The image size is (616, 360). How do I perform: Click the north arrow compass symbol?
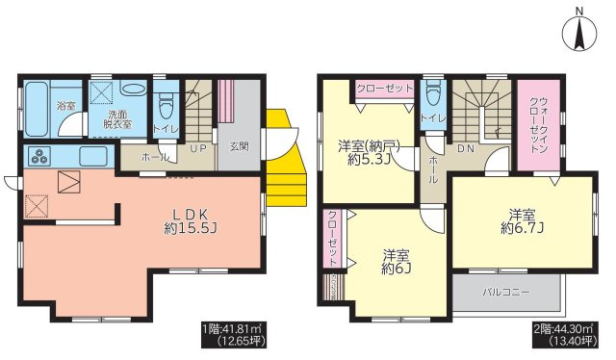click(x=579, y=34)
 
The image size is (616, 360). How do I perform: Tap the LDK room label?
click(x=191, y=215)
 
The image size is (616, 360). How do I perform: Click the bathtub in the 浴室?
click(x=37, y=109)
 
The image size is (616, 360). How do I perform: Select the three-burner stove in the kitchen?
click(x=40, y=157)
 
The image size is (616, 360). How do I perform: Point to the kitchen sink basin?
click(x=93, y=157)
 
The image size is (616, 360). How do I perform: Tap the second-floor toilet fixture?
click(x=433, y=92)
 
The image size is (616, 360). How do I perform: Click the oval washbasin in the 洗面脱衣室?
click(x=133, y=89)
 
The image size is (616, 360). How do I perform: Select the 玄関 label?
click(x=239, y=146)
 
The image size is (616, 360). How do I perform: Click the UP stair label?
click(x=199, y=148)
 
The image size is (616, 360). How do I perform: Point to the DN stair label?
click(x=466, y=148)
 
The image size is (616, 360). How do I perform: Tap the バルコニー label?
click(x=506, y=293)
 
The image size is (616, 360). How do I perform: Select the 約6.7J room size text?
click(x=522, y=228)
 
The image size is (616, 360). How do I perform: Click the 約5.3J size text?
click(x=369, y=160)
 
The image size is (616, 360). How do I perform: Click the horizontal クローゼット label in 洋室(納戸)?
click(x=385, y=88)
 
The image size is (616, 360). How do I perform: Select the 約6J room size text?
click(x=396, y=269)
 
